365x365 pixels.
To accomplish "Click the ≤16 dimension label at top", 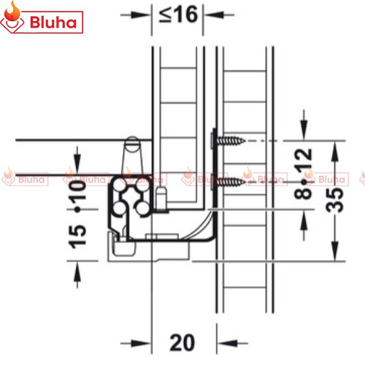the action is pos(178,15).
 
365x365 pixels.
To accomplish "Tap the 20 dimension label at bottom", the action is pos(182,342).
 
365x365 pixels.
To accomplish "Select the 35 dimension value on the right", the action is pos(334,200).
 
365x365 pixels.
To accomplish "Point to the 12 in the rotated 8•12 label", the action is pos(303,158).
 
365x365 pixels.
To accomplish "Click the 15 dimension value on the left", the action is pos(77,237).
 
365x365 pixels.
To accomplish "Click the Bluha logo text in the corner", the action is pos(53,22).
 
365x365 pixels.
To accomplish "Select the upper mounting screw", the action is pos(230,141).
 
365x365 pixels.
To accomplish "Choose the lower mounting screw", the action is pos(230,181).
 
